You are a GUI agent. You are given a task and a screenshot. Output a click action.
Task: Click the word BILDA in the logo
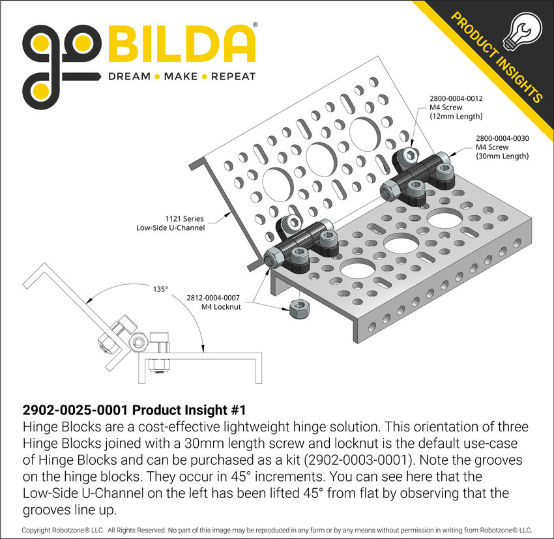click(x=181, y=45)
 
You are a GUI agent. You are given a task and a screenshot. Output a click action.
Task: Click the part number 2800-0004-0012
click(x=456, y=99)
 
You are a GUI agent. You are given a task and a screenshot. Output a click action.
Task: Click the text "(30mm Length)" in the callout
click(x=502, y=156)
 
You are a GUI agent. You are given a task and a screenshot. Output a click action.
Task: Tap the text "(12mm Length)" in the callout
click(x=456, y=117)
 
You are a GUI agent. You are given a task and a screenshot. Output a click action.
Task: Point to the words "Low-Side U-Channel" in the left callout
click(x=171, y=228)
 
